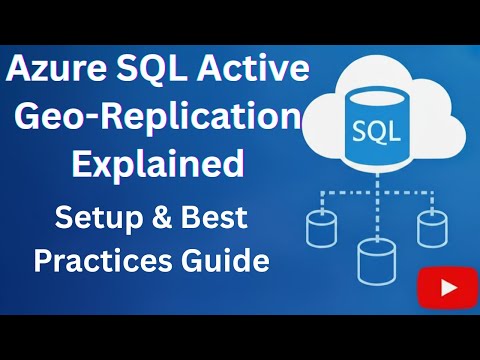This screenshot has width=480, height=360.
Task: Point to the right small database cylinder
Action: pos(433,229)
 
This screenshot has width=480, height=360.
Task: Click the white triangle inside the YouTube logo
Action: pos(447,288)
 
